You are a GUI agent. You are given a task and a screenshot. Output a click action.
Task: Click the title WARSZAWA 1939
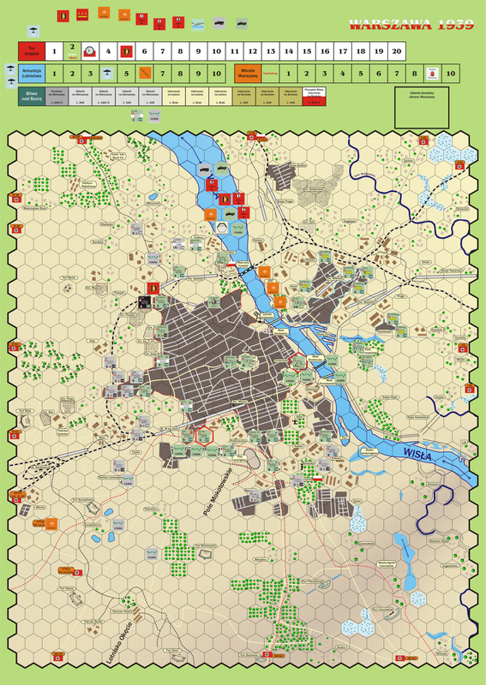click(x=411, y=25)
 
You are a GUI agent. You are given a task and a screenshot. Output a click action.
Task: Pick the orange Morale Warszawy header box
click(x=248, y=74)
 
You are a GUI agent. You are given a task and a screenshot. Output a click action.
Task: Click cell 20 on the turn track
click(x=396, y=52)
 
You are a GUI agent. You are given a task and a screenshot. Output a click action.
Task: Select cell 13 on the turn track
click(x=270, y=52)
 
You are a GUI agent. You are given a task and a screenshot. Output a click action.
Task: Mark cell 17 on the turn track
click(x=342, y=52)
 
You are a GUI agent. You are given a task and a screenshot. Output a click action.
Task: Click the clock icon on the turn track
click(x=90, y=52)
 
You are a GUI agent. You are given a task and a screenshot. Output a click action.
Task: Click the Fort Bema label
click(x=69, y=277)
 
